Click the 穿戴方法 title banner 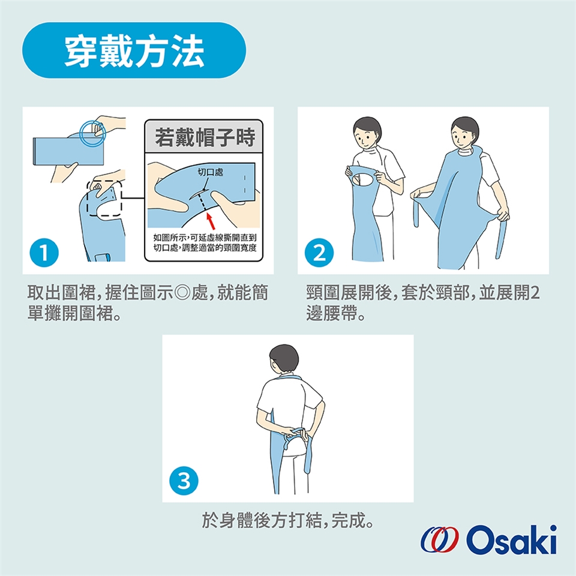(134, 50)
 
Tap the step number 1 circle (44, 253)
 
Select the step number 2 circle (319, 253)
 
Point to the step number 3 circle (184, 481)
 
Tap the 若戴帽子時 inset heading (204, 137)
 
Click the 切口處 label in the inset (210, 172)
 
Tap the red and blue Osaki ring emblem (440, 539)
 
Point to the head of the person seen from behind (283, 359)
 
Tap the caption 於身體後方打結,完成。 (287, 520)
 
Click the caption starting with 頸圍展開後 (423, 303)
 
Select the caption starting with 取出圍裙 (148, 303)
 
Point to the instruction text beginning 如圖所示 (205, 243)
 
